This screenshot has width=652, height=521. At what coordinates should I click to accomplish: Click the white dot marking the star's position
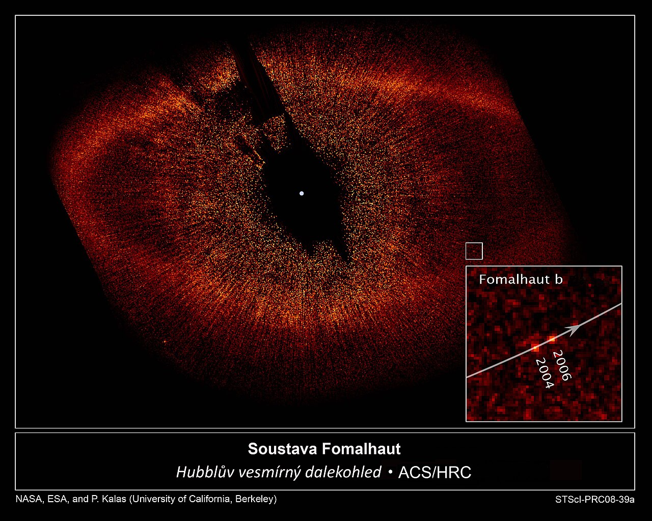(302, 193)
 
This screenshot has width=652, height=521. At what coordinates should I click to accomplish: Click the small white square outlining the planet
(474, 243)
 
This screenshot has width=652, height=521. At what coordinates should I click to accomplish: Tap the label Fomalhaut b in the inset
(521, 279)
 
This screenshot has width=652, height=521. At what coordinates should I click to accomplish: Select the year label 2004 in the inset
(545, 373)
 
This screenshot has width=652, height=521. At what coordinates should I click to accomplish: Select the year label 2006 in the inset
(562, 365)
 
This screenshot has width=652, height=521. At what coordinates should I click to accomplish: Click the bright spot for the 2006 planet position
(553, 338)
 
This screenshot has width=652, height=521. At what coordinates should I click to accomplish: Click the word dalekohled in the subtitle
(343, 472)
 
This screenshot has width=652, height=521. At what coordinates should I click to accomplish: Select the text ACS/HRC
(435, 473)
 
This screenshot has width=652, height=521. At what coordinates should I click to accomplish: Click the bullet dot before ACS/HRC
(390, 473)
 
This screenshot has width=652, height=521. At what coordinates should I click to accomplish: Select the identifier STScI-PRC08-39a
(595, 499)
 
